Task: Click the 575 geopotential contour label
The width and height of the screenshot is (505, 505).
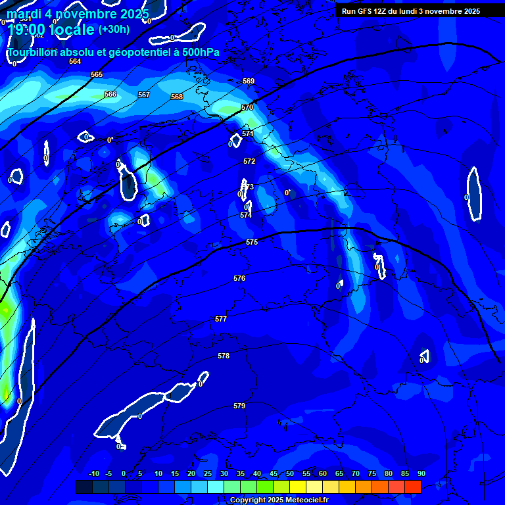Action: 252,243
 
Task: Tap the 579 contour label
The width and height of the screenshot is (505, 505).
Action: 239,406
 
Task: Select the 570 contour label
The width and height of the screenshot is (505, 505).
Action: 247,107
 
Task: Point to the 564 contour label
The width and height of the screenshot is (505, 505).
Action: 75,61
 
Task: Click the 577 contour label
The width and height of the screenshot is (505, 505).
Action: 221,319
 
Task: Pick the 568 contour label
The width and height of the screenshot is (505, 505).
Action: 177,97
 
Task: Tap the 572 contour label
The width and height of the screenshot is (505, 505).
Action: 249,161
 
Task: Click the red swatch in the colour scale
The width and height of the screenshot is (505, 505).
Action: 412,487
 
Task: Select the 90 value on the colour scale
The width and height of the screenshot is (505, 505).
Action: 421,473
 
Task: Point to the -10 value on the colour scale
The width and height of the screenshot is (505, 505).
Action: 93,473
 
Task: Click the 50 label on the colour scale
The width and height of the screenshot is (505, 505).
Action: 290,473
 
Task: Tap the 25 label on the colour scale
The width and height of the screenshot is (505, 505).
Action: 208,473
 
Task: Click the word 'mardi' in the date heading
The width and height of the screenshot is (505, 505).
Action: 24,14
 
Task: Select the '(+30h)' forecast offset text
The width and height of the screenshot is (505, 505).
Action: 114,29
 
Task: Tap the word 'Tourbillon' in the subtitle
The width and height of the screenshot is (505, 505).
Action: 32,52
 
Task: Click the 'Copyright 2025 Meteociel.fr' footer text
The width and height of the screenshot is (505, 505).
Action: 279,500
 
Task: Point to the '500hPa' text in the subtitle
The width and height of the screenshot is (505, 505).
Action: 201,52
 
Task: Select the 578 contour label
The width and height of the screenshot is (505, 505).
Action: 224,356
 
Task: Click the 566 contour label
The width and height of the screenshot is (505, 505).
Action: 110,94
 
